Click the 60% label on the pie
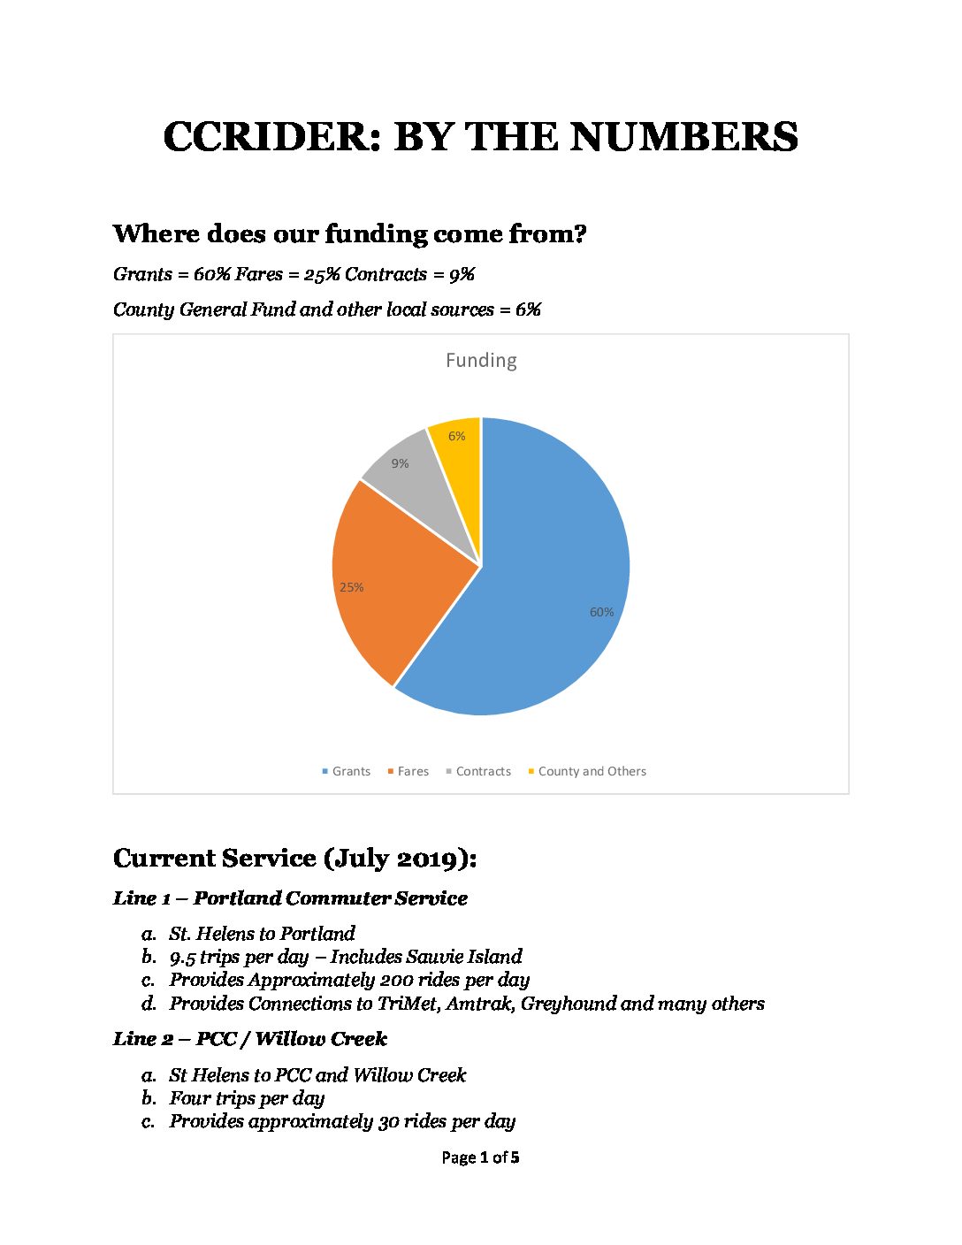click(x=601, y=612)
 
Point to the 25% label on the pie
click(x=351, y=587)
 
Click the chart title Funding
click(x=481, y=360)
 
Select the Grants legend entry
click(x=346, y=771)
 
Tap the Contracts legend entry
click(x=478, y=771)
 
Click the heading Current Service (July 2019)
click(x=294, y=859)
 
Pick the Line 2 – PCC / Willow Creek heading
click(x=250, y=1039)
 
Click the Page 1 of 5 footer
click(x=480, y=1157)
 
